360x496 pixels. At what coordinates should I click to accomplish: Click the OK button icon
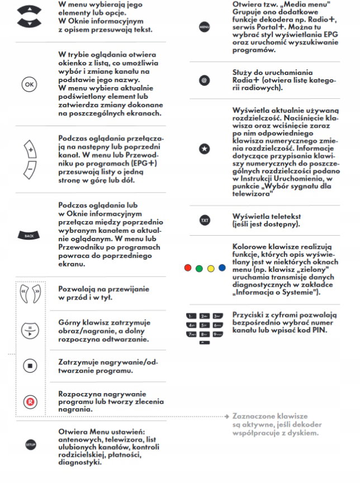coord(30,84)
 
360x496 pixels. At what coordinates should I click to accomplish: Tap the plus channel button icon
coord(31,149)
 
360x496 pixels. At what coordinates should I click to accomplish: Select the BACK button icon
coord(30,236)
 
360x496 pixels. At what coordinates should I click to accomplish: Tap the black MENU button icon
coord(203,27)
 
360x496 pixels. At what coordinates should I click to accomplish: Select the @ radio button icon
coord(203,81)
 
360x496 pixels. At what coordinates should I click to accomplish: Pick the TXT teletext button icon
coord(203,220)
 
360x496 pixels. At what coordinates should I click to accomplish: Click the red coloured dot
coord(188,268)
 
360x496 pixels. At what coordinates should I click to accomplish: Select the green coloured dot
coord(200,268)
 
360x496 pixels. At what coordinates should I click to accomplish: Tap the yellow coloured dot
coord(211,268)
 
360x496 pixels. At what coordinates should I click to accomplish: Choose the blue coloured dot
coord(222,268)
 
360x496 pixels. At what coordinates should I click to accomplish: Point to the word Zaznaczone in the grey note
coord(253,417)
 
